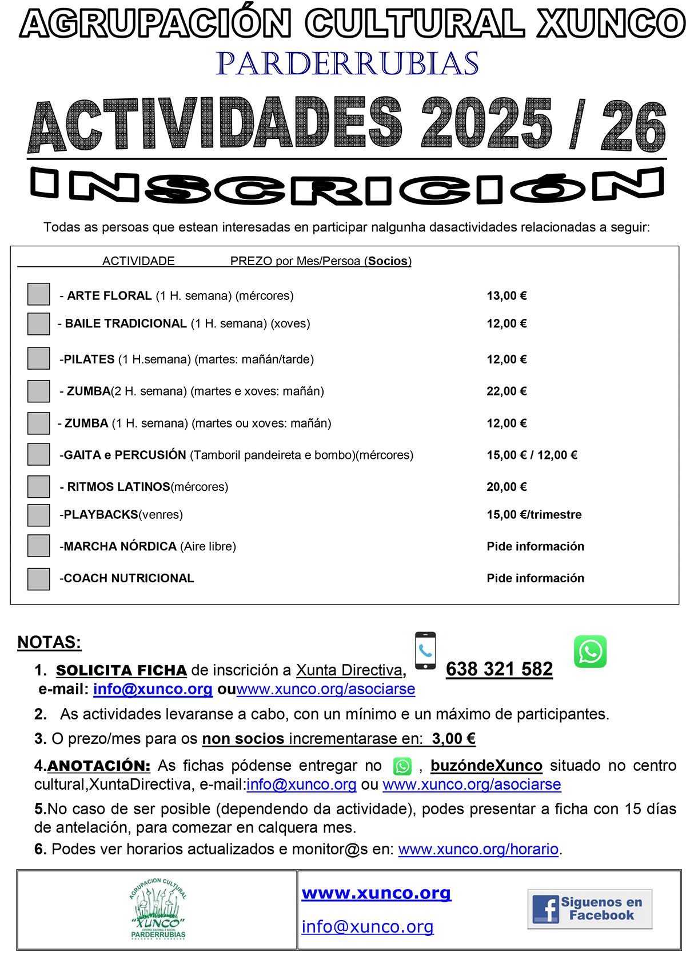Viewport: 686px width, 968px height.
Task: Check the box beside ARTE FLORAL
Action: pyautogui.click(x=39, y=294)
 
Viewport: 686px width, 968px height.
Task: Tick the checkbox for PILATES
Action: pyautogui.click(x=39, y=358)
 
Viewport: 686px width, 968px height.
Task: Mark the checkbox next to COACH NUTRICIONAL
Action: pyautogui.click(x=39, y=579)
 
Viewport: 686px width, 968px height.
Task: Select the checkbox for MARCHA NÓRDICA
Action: pyautogui.click(x=39, y=546)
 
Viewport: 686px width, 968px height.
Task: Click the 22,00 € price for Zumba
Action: pyautogui.click(x=506, y=391)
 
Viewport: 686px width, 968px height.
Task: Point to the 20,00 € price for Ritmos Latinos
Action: pyautogui.click(x=506, y=487)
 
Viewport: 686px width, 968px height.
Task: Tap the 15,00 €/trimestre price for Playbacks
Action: pyautogui.click(x=534, y=515)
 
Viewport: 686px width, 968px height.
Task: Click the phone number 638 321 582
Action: pyautogui.click(x=499, y=669)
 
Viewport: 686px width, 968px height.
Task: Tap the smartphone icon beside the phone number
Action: pyautogui.click(x=425, y=650)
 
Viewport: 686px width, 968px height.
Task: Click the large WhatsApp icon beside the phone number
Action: pyautogui.click(x=590, y=651)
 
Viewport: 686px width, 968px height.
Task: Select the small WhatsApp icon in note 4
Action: pyautogui.click(x=402, y=766)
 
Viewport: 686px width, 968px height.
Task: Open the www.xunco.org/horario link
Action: pyautogui.click(x=478, y=849)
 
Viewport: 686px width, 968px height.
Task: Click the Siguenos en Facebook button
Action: pyautogui.click(x=589, y=909)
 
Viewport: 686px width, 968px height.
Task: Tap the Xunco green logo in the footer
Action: pyautogui.click(x=158, y=909)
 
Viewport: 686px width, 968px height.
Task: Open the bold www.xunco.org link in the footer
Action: pyautogui.click(x=376, y=893)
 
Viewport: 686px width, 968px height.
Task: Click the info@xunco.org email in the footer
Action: pyautogui.click(x=368, y=926)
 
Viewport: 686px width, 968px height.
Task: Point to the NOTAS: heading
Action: pyautogui.click(x=49, y=642)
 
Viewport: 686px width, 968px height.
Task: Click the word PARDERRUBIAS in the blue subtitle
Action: pyautogui.click(x=347, y=63)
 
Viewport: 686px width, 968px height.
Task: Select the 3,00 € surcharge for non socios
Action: pyautogui.click(x=454, y=739)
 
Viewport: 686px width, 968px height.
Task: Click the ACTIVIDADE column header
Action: pyautogui.click(x=138, y=261)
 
